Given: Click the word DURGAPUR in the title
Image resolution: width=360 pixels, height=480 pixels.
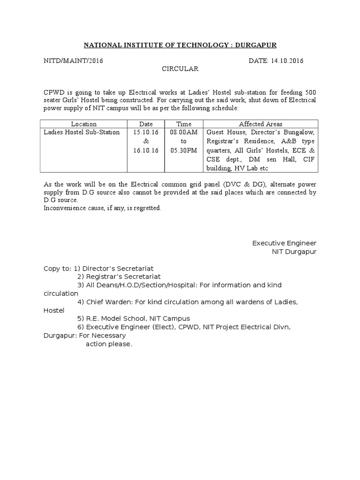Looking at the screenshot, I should pyautogui.click(x=255, y=45).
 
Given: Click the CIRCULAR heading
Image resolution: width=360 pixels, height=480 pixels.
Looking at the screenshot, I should pyautogui.click(x=180, y=69).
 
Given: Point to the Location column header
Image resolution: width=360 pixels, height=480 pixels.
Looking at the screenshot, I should pyautogui.click(x=84, y=124).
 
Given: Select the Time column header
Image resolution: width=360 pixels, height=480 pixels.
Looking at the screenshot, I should pyautogui.click(x=183, y=124).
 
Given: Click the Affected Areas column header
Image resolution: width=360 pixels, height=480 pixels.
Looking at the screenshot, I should pyautogui.click(x=261, y=124).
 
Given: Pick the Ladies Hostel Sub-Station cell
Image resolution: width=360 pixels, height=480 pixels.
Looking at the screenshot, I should pyautogui.click(x=82, y=133).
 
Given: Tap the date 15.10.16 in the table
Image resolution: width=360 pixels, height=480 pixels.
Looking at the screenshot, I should pyautogui.click(x=146, y=133).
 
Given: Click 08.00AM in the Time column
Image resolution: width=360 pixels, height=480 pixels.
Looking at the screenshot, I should pyautogui.click(x=183, y=133).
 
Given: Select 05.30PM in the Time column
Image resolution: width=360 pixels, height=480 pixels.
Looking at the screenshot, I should pyautogui.click(x=183, y=150).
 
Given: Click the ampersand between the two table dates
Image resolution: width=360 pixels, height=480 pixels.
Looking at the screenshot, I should pyautogui.click(x=146, y=142).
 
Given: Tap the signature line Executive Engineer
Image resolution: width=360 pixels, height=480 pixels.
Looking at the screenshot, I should pyautogui.click(x=284, y=243).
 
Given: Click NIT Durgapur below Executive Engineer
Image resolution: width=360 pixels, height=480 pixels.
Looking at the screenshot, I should pyautogui.click(x=294, y=252).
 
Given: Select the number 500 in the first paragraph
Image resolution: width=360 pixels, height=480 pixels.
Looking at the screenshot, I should pyautogui.click(x=310, y=91).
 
